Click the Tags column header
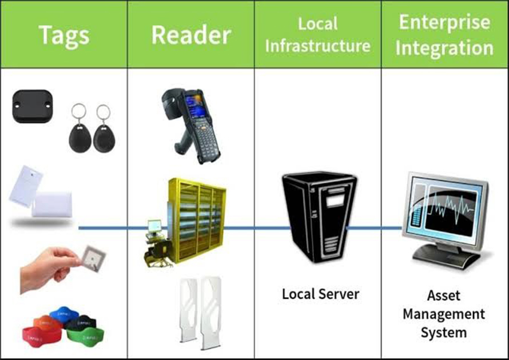click(x=63, y=35)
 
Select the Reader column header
click(x=190, y=35)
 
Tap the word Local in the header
click(x=318, y=23)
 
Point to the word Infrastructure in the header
click(x=318, y=46)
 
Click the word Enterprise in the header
click(x=444, y=23)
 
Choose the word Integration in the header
click(x=444, y=47)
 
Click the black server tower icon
click(x=318, y=223)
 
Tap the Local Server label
click(x=320, y=294)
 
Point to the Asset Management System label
click(x=444, y=314)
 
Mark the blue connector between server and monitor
click(x=375, y=228)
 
